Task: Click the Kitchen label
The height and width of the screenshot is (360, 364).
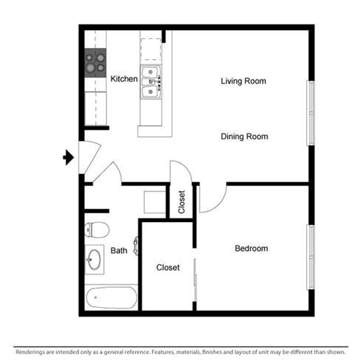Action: click(124, 79)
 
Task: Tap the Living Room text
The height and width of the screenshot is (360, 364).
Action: click(244, 81)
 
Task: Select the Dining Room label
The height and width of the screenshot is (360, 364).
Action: click(244, 136)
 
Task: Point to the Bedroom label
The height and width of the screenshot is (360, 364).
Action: click(251, 249)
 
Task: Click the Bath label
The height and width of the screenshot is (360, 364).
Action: click(119, 251)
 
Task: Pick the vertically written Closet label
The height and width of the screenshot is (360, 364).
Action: click(182, 202)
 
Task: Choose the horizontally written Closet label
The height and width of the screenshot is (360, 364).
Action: click(168, 267)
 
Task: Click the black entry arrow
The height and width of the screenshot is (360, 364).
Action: click(68, 157)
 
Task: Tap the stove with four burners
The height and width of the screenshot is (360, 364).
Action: click(95, 63)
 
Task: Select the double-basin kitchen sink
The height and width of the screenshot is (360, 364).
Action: click(151, 82)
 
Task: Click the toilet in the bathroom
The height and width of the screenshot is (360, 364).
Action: click(97, 230)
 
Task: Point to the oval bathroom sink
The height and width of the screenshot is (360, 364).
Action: click(95, 260)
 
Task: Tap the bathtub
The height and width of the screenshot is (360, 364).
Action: click(111, 297)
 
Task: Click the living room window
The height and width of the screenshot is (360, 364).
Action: click(311, 113)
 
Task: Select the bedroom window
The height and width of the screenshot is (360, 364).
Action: click(311, 257)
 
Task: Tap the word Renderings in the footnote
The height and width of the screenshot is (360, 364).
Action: click(30, 352)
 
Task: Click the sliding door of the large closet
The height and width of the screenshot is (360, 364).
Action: click(195, 280)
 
